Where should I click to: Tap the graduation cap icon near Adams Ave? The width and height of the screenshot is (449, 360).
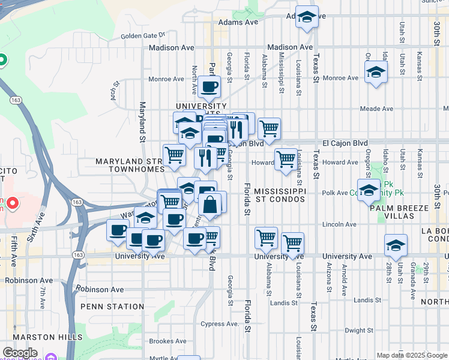(x=307, y=17)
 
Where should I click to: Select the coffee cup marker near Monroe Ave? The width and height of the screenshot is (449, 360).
(x=209, y=86)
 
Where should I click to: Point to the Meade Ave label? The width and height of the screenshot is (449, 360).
(x=376, y=109)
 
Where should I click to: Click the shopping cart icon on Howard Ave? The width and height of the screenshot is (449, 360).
(x=286, y=160)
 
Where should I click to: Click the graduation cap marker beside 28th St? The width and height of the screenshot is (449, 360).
(x=396, y=245)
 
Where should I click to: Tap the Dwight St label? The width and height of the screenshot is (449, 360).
(x=360, y=330)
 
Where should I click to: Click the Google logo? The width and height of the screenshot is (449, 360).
(x=20, y=353)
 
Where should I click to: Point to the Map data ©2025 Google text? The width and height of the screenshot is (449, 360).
(x=412, y=355)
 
